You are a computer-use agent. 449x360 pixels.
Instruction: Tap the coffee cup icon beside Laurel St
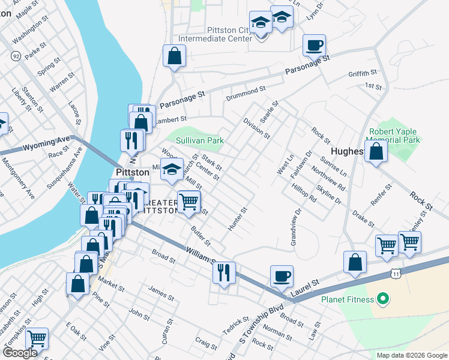(x=282, y=276)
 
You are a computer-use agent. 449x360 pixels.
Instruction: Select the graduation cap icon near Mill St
(x=172, y=170)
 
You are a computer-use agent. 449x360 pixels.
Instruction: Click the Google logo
(x=20, y=353)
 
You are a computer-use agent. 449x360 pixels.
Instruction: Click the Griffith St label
(x=362, y=74)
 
